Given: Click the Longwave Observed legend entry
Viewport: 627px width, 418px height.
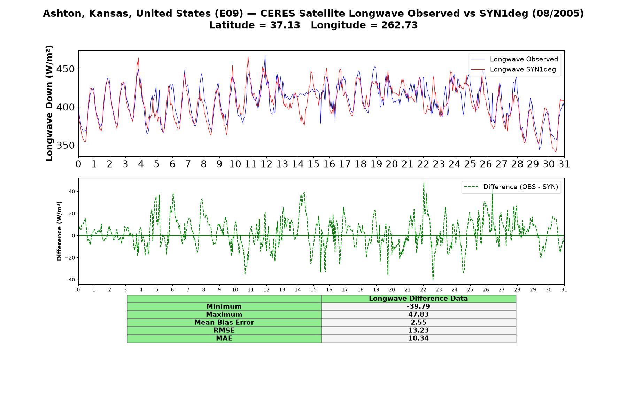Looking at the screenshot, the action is pyautogui.click(x=514, y=59).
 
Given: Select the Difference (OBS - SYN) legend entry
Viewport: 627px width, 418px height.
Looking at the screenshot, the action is pyautogui.click(x=511, y=187).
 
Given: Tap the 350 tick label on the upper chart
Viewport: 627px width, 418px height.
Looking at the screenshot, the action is pyautogui.click(x=65, y=145).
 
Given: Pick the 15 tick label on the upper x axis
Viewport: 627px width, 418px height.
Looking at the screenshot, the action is pyautogui.click(x=313, y=164).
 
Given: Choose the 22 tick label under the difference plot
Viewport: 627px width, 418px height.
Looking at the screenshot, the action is pyautogui.click(x=423, y=290).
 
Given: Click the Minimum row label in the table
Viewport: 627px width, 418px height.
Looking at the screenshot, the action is pyautogui.click(x=224, y=307).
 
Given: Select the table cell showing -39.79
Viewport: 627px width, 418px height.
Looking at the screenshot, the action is pyautogui.click(x=418, y=307).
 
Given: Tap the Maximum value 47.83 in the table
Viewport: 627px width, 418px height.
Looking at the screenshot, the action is pyautogui.click(x=418, y=315).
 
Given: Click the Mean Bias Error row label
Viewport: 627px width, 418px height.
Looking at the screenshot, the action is pyautogui.click(x=224, y=323).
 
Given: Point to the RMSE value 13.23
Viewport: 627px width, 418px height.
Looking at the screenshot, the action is pyautogui.click(x=418, y=331).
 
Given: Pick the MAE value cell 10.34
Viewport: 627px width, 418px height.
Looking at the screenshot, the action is pyautogui.click(x=418, y=339).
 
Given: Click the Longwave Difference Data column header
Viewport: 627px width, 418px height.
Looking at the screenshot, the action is pyautogui.click(x=418, y=299).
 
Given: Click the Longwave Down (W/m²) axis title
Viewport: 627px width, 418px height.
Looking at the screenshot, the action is pyautogui.click(x=49, y=103).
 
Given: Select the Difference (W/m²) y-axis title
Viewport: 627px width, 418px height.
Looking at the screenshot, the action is pyautogui.click(x=59, y=231).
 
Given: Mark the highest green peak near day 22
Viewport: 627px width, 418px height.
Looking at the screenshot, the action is pyautogui.click(x=424, y=183).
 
